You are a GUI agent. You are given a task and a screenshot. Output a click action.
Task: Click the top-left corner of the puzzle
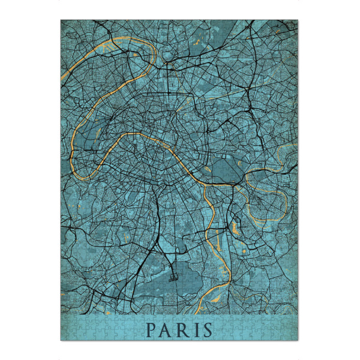pos(61,20)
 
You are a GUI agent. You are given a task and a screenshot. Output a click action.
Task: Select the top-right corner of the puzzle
pos(298,20)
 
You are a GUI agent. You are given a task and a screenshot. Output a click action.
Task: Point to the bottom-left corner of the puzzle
pos(61,340)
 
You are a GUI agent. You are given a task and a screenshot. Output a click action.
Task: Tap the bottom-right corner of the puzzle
pos(298,340)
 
